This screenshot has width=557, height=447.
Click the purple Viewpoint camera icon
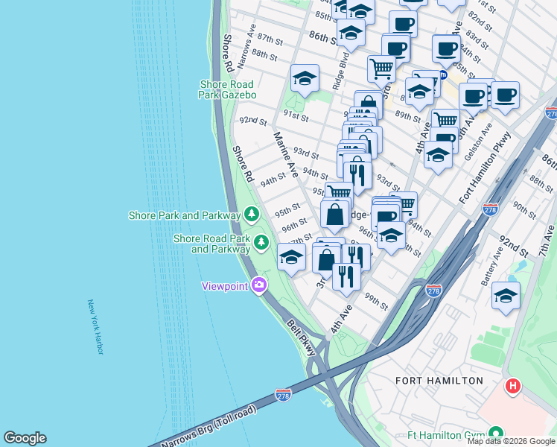(x=259, y=285)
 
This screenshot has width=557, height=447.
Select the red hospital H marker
(x=513, y=387)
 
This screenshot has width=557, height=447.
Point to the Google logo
(x=25, y=438)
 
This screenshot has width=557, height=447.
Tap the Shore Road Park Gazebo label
(x=228, y=89)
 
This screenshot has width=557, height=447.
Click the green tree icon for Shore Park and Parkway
(x=252, y=215)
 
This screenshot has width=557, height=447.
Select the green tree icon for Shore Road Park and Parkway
(x=261, y=242)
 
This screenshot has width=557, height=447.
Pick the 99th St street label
(x=377, y=302)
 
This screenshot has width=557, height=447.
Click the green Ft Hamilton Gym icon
(x=496, y=434)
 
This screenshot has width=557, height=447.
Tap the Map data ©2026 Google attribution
(x=512, y=441)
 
